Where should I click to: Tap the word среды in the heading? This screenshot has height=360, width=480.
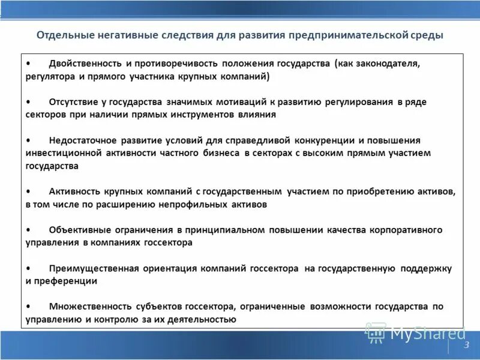(427, 35)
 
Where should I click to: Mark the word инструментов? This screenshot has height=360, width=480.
(204, 115)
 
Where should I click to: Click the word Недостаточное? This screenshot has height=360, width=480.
(83, 140)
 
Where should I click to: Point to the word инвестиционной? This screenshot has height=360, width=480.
(62, 153)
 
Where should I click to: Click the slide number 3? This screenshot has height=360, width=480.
(466, 344)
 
